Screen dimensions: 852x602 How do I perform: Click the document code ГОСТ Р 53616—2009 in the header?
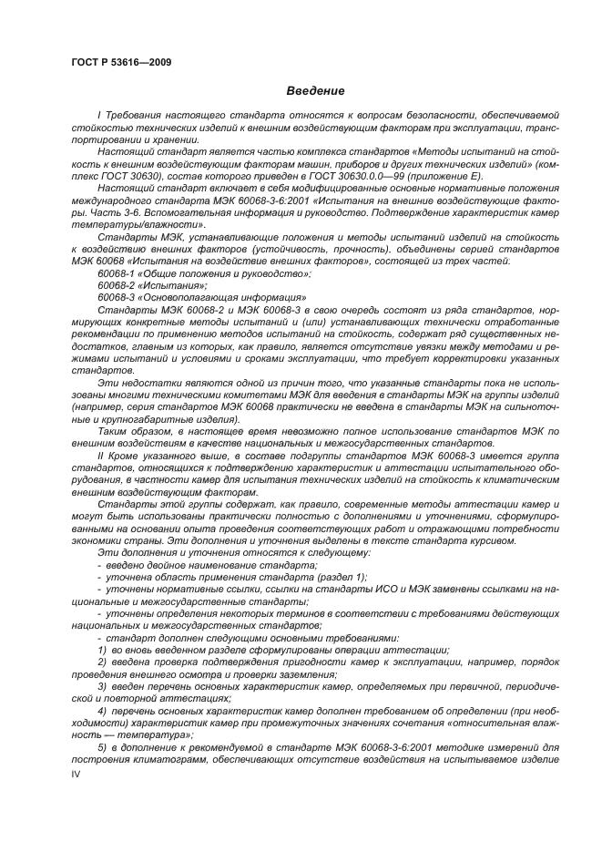[121, 62]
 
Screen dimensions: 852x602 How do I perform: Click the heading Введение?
[315, 91]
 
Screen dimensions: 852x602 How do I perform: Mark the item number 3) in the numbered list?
[103, 684]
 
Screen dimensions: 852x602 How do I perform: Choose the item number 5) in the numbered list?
[103, 746]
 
